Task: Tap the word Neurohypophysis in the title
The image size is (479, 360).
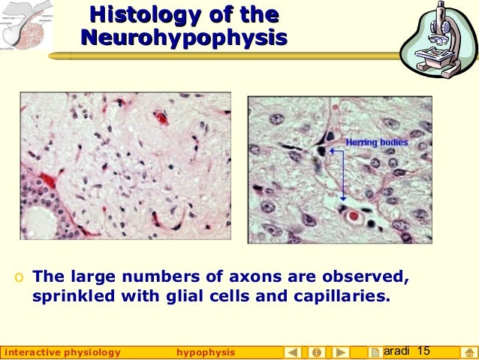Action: pyautogui.click(x=184, y=38)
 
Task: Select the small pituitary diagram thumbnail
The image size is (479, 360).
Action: pyautogui.click(x=27, y=25)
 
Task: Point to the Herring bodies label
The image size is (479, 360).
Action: pyautogui.click(x=377, y=142)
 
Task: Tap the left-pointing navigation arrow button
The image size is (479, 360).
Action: pyautogui.click(x=294, y=352)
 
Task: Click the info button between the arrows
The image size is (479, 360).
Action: pyautogui.click(x=317, y=352)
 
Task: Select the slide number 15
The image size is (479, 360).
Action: pyautogui.click(x=423, y=351)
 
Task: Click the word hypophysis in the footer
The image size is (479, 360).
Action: pyautogui.click(x=205, y=352)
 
